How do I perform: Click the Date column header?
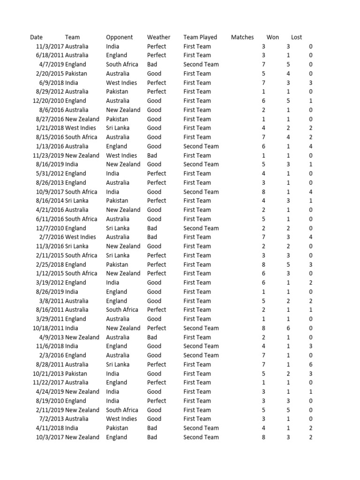pyautogui.click(x=36, y=37)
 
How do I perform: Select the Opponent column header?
pyautogui.click(x=119, y=37)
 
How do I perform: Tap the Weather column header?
pyautogui.click(x=158, y=37)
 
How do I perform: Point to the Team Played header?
pyautogui.click(x=200, y=37)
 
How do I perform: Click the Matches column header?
pyautogui.click(x=242, y=37)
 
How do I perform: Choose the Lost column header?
pyautogui.click(x=296, y=37)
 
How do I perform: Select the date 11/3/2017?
pyautogui.click(x=49, y=46)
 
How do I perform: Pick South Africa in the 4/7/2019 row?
pyautogui.click(x=122, y=64)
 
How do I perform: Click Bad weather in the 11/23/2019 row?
pyautogui.click(x=152, y=155)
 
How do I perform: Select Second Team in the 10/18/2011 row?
pyautogui.click(x=201, y=328)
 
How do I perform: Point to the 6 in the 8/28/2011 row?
pyautogui.click(x=311, y=365)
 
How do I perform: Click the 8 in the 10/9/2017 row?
pyautogui.click(x=263, y=192)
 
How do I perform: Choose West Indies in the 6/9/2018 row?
pyautogui.click(x=121, y=82)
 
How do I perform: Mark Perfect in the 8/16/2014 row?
pyautogui.click(x=157, y=201)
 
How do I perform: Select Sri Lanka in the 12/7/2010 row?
pyautogui.click(x=118, y=228)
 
